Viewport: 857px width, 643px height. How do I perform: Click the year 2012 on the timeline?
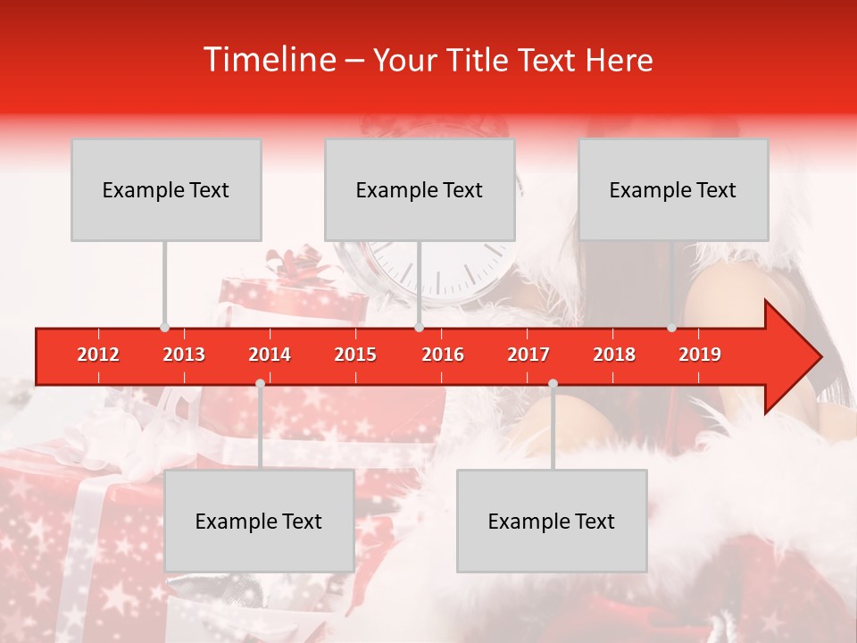[x=98, y=355]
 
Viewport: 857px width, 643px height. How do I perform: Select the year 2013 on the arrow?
[x=184, y=355]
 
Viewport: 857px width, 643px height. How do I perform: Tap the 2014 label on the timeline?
[x=270, y=355]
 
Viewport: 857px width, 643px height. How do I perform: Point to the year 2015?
[x=355, y=355]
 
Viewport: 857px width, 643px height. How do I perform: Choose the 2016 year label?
[x=443, y=355]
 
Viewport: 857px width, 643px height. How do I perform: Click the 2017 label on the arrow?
[x=528, y=355]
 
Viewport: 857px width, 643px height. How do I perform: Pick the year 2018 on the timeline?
[x=614, y=355]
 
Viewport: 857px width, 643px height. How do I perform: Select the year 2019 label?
[x=700, y=355]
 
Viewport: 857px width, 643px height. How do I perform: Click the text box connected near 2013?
[x=166, y=189]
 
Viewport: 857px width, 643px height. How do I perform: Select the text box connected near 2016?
[x=420, y=189]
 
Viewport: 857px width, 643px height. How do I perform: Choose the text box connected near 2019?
[x=673, y=189]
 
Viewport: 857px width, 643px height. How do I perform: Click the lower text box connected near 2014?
[x=259, y=521]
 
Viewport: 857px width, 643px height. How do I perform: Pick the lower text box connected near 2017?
[x=552, y=521]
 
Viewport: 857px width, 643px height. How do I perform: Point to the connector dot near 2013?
[x=164, y=327]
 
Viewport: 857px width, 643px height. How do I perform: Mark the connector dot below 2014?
[x=260, y=383]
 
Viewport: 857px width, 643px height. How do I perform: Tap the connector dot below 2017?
[x=553, y=383]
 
